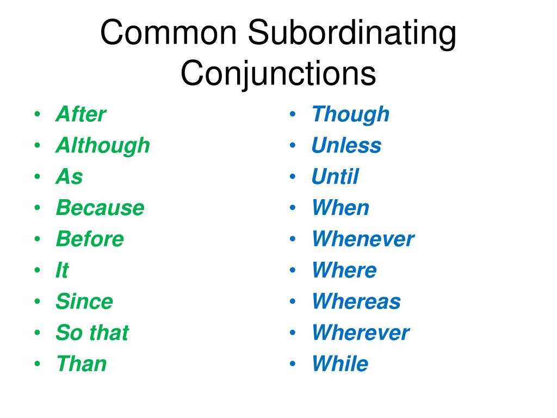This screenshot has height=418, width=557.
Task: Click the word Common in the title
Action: pos(169,34)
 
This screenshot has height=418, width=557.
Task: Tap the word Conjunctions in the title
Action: pos(278,75)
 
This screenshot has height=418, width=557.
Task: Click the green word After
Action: pos(81,115)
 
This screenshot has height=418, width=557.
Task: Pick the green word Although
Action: pos(102,146)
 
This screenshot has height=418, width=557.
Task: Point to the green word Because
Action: pos(100,208)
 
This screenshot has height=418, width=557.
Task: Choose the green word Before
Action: pos(90,239)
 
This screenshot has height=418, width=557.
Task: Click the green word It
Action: pos(62,271)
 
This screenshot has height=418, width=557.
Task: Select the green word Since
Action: pos(84,302)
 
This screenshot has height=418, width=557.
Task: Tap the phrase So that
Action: pos(92,333)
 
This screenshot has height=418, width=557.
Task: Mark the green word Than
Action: pos(81,364)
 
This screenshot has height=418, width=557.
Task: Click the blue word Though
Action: pos(350,115)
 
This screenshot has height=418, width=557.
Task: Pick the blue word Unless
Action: pos(346,146)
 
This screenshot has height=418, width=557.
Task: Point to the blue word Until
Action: pos(335,177)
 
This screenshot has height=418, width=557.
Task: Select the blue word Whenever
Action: pos(363,239)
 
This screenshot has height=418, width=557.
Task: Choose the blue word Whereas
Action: pos(356,302)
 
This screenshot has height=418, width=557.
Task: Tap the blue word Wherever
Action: pos(361,333)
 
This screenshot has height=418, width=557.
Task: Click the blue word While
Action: pos(340,364)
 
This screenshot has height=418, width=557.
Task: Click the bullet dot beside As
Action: pos(36,177)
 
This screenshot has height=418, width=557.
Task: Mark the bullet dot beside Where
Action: pos(293,271)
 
